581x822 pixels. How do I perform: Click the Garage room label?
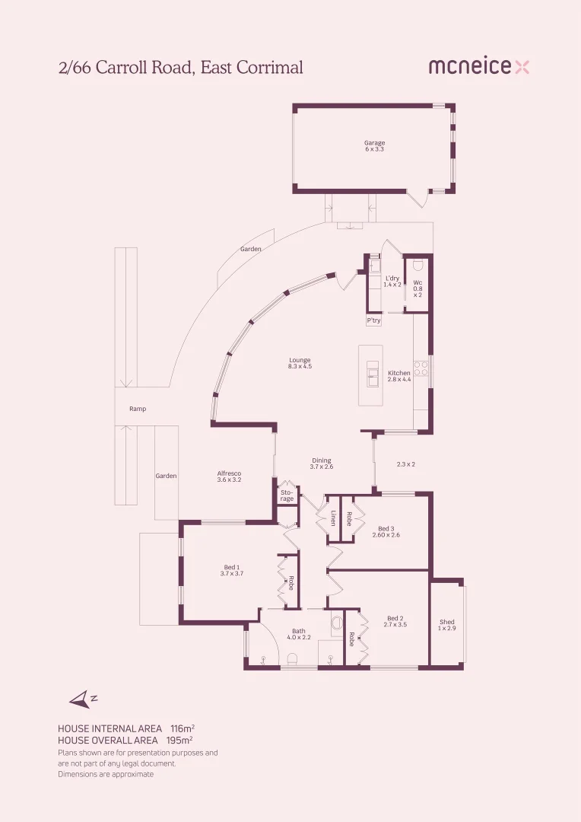pyautogui.click(x=374, y=145)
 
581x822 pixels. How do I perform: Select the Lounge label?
pyautogui.click(x=300, y=363)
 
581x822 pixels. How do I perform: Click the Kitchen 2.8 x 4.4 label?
pyautogui.click(x=399, y=376)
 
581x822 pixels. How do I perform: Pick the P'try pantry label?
pyautogui.click(x=373, y=321)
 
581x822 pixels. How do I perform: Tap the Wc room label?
pyautogui.click(x=417, y=288)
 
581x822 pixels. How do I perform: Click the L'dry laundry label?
pyautogui.click(x=392, y=281)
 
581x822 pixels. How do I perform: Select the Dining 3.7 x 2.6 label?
pyautogui.click(x=322, y=464)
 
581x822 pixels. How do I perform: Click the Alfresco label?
pyautogui.click(x=229, y=476)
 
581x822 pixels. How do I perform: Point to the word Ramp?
pyautogui.click(x=138, y=409)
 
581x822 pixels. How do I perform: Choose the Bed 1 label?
pyautogui.click(x=231, y=570)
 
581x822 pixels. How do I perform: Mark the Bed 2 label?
pyautogui.click(x=395, y=621)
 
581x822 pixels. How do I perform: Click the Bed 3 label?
pyautogui.click(x=386, y=531)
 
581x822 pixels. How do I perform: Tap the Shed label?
pyautogui.click(x=446, y=625)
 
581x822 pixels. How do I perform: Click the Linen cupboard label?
pyautogui.click(x=332, y=518)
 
